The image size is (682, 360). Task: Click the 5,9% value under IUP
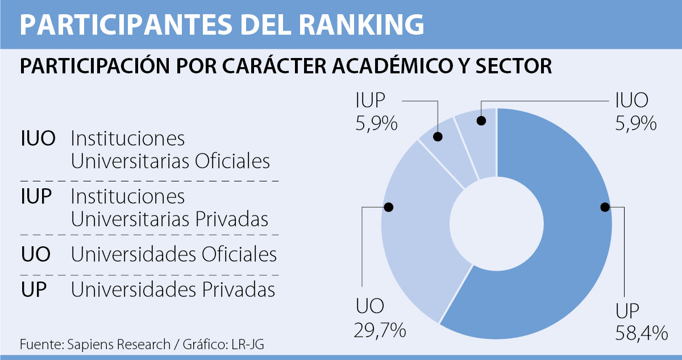(377, 123)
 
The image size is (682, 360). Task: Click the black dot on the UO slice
(389, 208)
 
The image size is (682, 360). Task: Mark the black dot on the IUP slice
(438, 136)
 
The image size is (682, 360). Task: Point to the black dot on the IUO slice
(481, 121)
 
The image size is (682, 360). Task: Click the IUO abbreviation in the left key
(38, 139)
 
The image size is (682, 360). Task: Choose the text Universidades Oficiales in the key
(173, 254)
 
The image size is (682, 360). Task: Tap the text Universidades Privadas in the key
(173, 290)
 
